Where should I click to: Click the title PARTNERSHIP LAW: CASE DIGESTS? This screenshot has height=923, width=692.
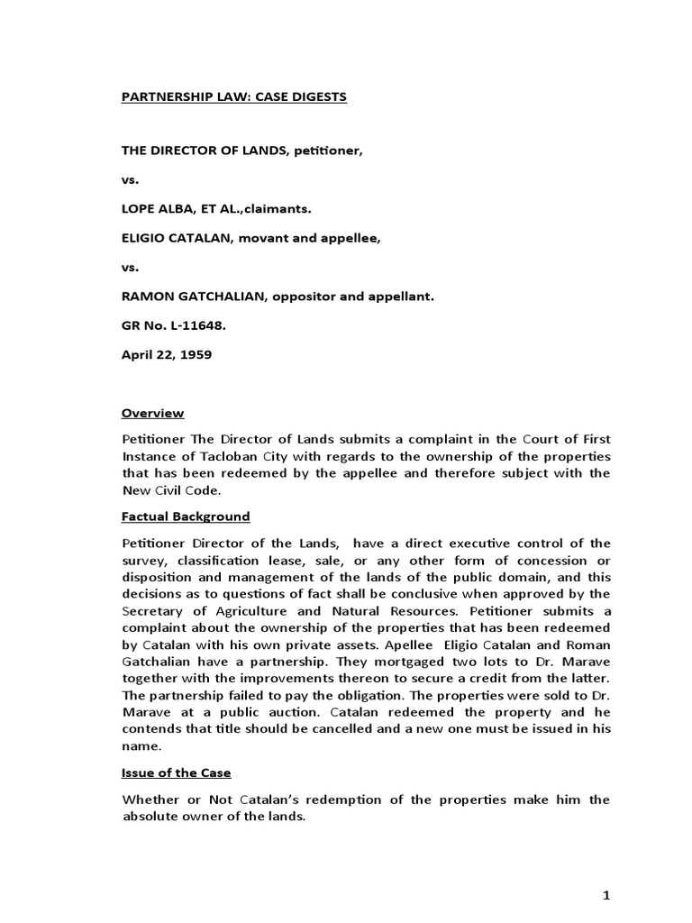click(x=234, y=96)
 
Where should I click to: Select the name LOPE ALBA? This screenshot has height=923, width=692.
click(x=156, y=208)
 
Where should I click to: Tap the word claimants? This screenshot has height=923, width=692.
click(x=275, y=208)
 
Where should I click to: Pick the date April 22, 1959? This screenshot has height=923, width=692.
click(x=167, y=354)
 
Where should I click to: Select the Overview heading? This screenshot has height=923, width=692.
click(x=153, y=413)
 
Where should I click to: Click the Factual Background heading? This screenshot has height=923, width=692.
click(x=186, y=516)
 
